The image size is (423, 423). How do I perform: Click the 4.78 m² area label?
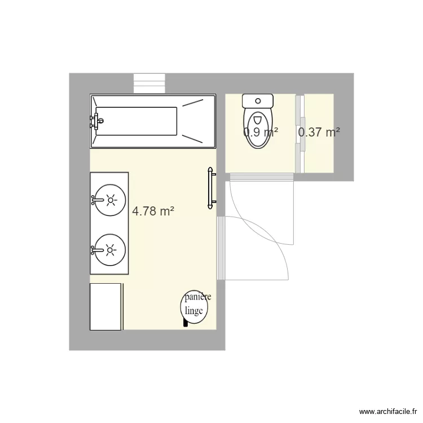pyautogui.click(x=152, y=211)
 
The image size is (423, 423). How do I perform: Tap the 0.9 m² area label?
pyautogui.click(x=261, y=133)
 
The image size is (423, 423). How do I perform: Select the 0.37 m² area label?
pyautogui.click(x=319, y=133)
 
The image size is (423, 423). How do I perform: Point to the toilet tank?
pyautogui.click(x=258, y=102)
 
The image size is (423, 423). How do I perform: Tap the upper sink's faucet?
pyautogui.click(x=95, y=200)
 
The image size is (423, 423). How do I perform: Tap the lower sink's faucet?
pyautogui.click(x=95, y=249)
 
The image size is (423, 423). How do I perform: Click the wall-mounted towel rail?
pyautogui.click(x=211, y=187)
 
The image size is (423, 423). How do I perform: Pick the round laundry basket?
pyautogui.click(x=195, y=307)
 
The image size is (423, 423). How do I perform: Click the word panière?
pyautogui.click(x=197, y=297)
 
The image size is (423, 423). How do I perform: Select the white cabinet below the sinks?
pyautogui.click(x=106, y=306)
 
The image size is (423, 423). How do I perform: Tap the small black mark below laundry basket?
pyautogui.click(x=185, y=323)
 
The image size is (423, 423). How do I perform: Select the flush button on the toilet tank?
pyautogui.click(x=258, y=101)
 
